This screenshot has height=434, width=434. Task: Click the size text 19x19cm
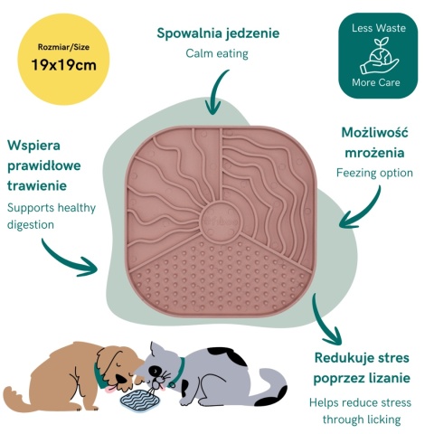pyautogui.click(x=64, y=65)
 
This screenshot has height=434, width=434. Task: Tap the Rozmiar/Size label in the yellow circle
pyautogui.click(x=63, y=47)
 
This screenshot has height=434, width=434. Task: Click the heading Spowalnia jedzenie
pyautogui.click(x=218, y=33)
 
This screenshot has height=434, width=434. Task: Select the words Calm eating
pyautogui.click(x=217, y=53)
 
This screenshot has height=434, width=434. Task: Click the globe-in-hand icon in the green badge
pyautogui.click(x=379, y=55)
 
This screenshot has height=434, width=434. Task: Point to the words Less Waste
pyautogui.click(x=379, y=28)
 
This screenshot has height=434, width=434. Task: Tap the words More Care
pyautogui.click(x=376, y=82)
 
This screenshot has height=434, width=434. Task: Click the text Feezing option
pyautogui.click(x=374, y=174)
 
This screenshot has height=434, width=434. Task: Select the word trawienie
pyautogui.click(x=37, y=185)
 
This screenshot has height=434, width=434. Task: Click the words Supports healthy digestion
pyautogui.click(x=52, y=216)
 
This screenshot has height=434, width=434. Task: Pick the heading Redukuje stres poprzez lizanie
pyautogui.click(x=362, y=368)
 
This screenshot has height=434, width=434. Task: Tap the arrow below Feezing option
pyautogui.click(x=363, y=212)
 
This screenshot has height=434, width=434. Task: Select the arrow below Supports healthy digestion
pyautogui.click(x=65, y=261)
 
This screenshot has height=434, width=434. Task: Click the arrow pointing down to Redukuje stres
pyautogui.click(x=321, y=324)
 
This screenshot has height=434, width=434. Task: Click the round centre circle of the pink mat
pyautogui.click(x=221, y=221)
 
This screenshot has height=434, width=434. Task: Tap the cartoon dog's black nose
pyautogui.click(x=121, y=378)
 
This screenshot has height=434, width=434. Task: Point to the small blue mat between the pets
pyautogui.click(x=139, y=399)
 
